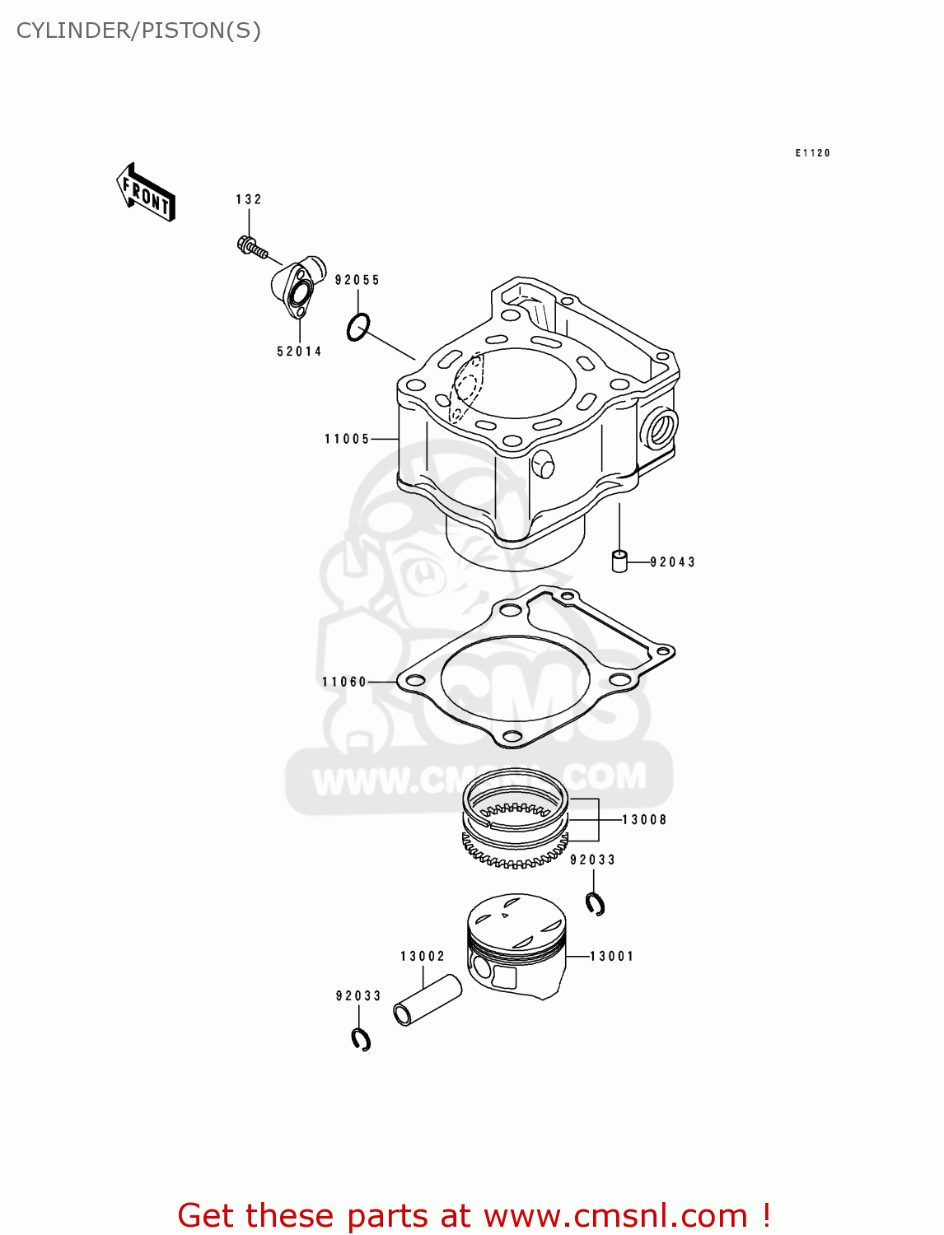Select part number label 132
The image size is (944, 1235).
pos(248,199)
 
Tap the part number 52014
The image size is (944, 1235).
pos(299,352)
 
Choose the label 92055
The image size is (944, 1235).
pos(358,280)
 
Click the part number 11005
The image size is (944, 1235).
pos(347,439)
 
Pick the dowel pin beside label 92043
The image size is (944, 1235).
pos(619,561)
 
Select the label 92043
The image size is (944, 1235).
pos(672,562)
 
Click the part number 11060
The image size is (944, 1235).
pos(344,682)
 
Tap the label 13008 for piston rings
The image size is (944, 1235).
pos(644,820)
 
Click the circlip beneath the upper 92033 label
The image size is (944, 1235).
pos(596,903)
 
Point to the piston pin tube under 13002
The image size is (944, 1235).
pos(427,1000)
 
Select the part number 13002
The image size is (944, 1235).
pos(423,956)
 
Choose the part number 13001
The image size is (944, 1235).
pos(612,956)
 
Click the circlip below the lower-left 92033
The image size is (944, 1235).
pos(361,1040)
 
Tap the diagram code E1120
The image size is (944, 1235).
pos(812,153)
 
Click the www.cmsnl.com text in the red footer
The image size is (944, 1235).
pos(615,1215)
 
